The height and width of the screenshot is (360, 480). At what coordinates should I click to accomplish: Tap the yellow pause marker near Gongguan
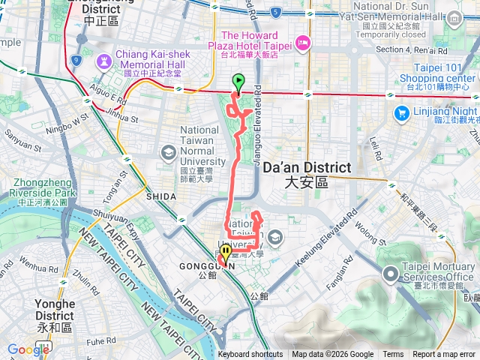pyautogui.click(x=226, y=253)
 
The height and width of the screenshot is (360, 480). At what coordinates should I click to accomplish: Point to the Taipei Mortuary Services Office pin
pyautogui.click(x=390, y=275)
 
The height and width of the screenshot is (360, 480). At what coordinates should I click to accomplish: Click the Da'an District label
pyautogui.click(x=307, y=174)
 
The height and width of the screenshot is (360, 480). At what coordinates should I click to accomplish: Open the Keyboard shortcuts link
pyautogui.click(x=250, y=355)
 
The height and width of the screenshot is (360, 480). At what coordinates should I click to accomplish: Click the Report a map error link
pyautogui.click(x=444, y=355)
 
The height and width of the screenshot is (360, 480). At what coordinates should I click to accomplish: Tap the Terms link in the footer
pyautogui.click(x=393, y=355)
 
